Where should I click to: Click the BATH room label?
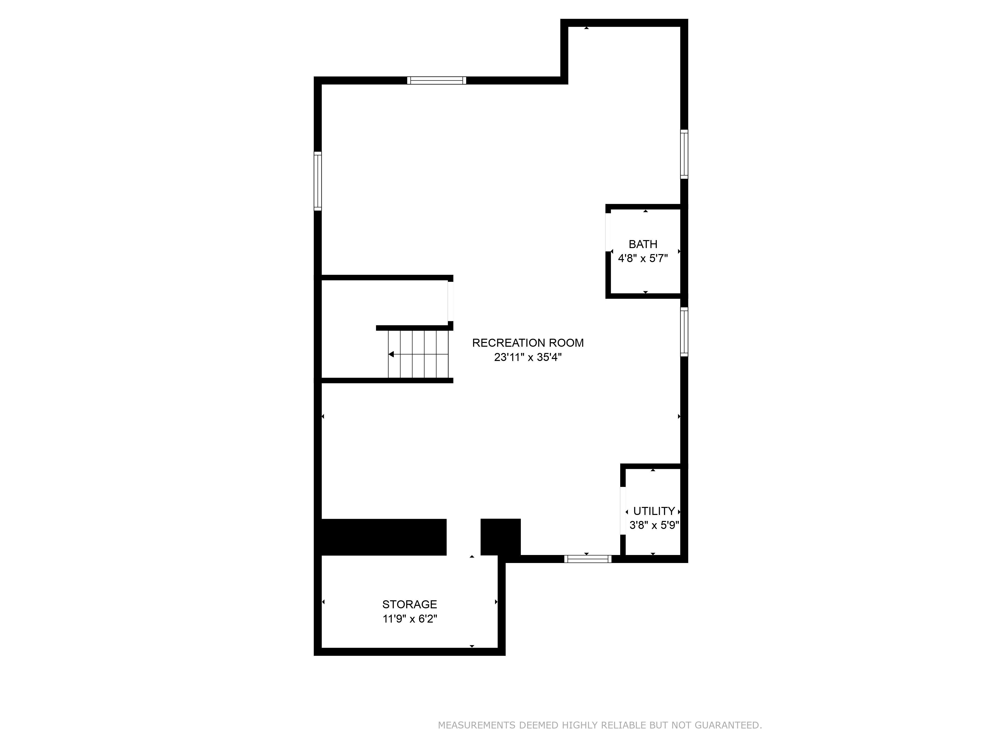click(x=643, y=244)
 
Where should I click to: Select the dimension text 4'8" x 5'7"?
click(x=643, y=259)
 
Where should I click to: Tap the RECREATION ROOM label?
click(x=528, y=343)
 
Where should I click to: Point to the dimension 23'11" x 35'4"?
click(x=528, y=357)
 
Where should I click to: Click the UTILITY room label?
click(x=654, y=511)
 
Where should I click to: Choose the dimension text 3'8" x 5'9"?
click(x=654, y=525)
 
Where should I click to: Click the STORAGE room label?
click(x=410, y=604)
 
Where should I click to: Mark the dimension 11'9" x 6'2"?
click(x=410, y=618)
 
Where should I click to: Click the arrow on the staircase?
click(x=391, y=354)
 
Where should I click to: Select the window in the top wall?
click(x=436, y=81)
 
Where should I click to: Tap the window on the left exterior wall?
click(x=318, y=181)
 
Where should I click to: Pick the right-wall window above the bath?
click(x=684, y=154)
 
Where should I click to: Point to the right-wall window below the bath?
click(x=684, y=332)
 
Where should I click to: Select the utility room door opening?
click(x=623, y=511)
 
